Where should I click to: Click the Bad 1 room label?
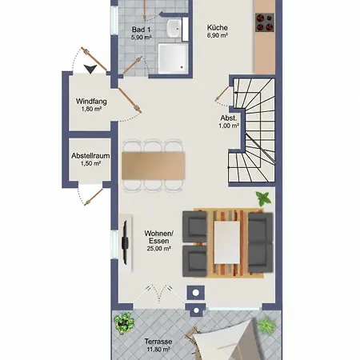(x=141, y=30)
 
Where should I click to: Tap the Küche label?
(x=218, y=27)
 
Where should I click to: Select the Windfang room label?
(x=91, y=102)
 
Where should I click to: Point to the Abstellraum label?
(x=90, y=156)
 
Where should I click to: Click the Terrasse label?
(x=158, y=342)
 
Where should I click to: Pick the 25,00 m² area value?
(x=158, y=249)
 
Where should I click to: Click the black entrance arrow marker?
(x=90, y=69)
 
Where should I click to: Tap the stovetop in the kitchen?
(x=265, y=22)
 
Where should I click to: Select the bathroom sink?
(x=174, y=29)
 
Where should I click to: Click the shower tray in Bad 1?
(x=173, y=58)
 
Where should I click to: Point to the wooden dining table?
(x=154, y=166)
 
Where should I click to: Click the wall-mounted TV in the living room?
(x=125, y=242)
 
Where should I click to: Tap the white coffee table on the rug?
(x=227, y=242)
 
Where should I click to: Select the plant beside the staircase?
(x=263, y=198)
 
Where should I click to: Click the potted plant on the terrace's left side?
(x=124, y=323)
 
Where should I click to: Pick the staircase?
(x=251, y=130)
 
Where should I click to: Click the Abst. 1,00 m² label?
(x=229, y=122)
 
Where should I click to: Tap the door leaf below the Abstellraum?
(x=94, y=197)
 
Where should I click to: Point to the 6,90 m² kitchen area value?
(x=218, y=35)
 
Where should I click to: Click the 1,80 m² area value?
(x=91, y=109)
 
